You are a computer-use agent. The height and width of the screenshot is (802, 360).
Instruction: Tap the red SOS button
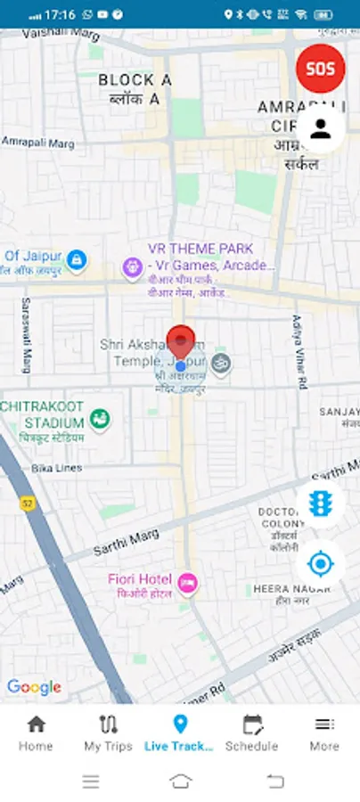(321, 69)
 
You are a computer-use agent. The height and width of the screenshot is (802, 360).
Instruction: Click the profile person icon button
(321, 129)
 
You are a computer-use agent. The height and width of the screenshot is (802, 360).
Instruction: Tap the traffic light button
(321, 503)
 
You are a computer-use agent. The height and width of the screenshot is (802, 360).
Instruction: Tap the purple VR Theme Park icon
(133, 266)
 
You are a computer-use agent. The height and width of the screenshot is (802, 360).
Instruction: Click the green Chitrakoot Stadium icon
(100, 418)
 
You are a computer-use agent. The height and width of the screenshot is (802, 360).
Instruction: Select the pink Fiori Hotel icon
(187, 584)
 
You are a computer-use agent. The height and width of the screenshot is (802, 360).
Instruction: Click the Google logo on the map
(34, 687)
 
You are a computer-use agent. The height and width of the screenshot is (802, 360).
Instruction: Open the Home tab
(36, 732)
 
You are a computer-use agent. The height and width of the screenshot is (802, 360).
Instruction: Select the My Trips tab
(108, 732)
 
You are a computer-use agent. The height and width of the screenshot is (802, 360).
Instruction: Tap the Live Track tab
(180, 732)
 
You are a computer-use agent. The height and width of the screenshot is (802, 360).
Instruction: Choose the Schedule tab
(252, 732)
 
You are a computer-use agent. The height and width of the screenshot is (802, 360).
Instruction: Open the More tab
(324, 732)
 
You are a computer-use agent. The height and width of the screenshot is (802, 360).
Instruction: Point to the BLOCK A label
(135, 81)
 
